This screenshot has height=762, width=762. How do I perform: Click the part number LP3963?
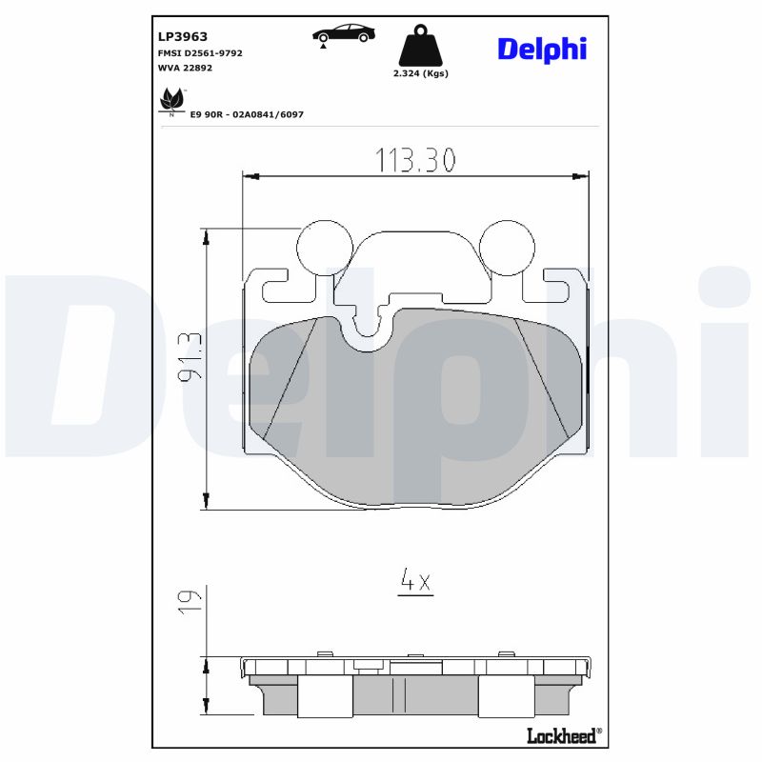pos(182,36)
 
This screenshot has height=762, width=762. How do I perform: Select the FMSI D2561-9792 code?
pos(199,53)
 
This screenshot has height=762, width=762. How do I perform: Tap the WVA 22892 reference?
pos(186,69)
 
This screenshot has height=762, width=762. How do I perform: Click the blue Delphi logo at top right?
pos(541,50)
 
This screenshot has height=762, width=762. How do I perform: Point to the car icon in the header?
pos(343,34)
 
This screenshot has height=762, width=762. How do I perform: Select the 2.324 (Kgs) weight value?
pos(420,73)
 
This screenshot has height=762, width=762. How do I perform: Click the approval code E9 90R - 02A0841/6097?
pos(247,113)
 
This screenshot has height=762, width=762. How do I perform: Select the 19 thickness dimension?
pos(190,599)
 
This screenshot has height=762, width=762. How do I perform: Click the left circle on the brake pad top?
pos(323,246)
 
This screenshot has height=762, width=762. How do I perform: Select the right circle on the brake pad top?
pos(505,246)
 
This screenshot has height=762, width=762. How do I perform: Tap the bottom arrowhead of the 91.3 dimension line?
pos(206,502)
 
